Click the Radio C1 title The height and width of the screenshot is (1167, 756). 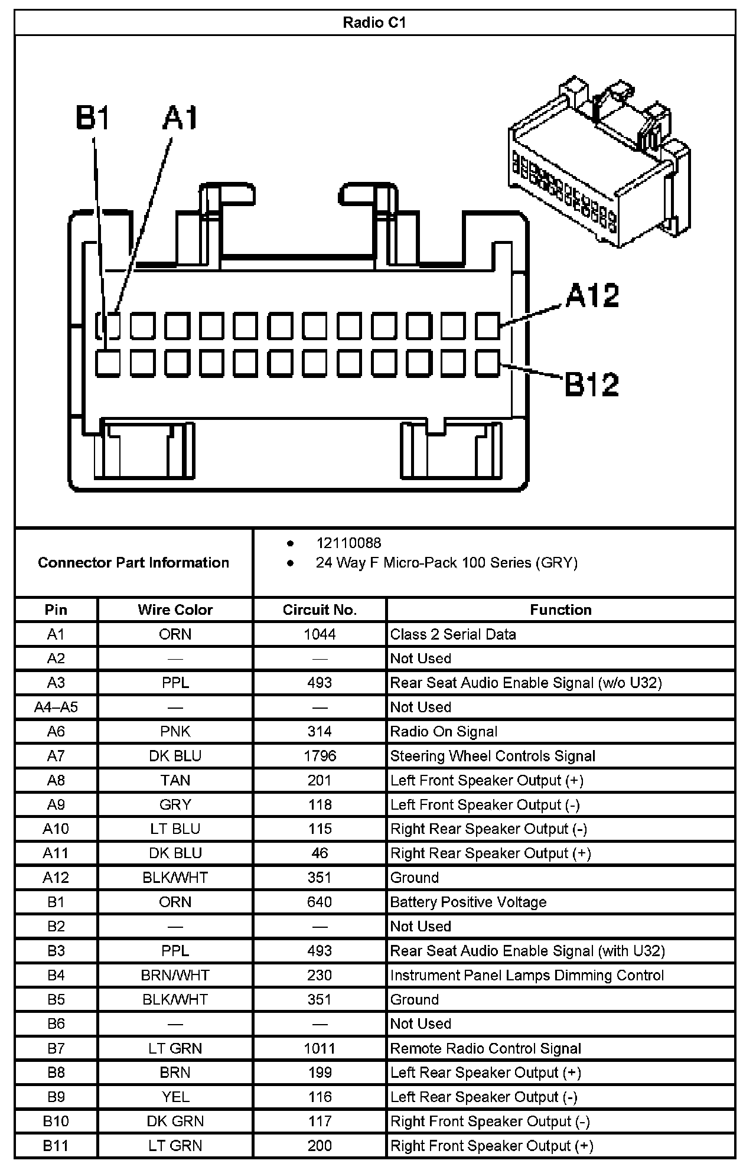coord(374,23)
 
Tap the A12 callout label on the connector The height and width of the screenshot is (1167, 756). coord(592,295)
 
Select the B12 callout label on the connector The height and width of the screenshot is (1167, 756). coord(591,384)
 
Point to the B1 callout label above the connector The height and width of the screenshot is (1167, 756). coord(93,118)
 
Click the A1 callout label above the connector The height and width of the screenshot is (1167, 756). coord(180,118)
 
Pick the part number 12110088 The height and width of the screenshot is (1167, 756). coord(348,543)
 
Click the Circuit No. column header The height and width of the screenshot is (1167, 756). coord(320,609)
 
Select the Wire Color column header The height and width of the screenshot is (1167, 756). coord(175,609)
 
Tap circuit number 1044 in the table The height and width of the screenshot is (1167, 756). coord(320,634)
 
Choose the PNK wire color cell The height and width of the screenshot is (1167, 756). coord(175,732)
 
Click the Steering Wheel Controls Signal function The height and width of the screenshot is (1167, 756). coord(493,756)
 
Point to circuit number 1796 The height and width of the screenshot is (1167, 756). coord(320,756)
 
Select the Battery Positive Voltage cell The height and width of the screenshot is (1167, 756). coord(468,902)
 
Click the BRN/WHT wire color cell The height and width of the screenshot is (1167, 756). coord(175,975)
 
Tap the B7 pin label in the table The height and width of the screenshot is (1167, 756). coord(56,1048)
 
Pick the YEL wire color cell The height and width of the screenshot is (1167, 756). coord(175,1097)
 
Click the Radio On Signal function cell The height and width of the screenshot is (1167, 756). coord(444,732)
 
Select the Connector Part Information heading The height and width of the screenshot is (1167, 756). coord(133,562)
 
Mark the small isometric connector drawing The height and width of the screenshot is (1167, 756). coord(598,162)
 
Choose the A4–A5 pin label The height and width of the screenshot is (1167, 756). coord(56,707)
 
